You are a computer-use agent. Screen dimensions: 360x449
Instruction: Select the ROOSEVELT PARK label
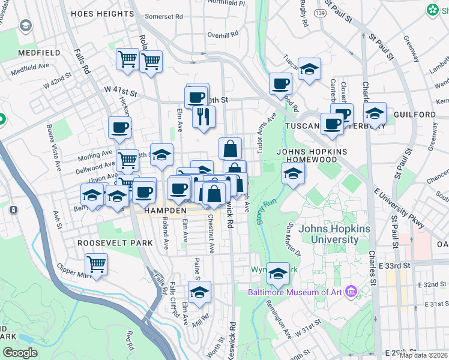tap(115, 244)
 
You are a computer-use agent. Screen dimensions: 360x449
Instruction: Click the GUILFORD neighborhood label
tap(415, 114)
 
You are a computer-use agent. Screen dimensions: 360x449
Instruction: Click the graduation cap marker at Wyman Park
tap(278, 274)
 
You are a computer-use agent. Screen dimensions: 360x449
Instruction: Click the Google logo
tap(20, 353)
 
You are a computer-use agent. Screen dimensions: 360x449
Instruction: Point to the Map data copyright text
tap(424, 355)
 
